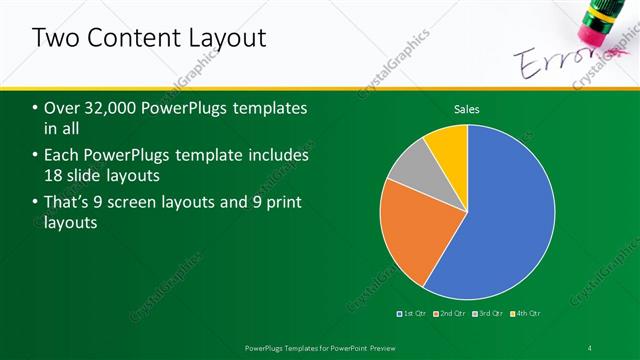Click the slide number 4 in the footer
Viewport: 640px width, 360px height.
click(590, 347)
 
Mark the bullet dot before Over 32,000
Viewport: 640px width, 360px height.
click(37, 108)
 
